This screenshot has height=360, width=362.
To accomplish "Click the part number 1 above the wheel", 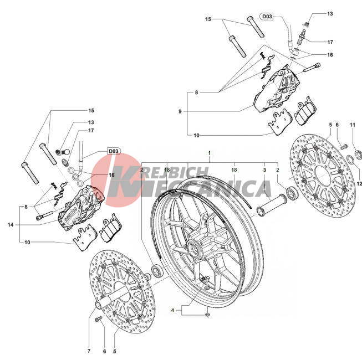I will (209, 152).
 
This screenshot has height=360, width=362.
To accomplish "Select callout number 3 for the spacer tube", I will (264, 170).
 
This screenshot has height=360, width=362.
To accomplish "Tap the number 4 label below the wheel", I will (172, 311).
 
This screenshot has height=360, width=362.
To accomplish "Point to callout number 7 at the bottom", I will (89, 351).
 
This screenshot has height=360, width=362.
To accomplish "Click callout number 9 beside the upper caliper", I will (180, 111).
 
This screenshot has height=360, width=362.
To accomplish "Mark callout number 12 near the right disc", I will (359, 183).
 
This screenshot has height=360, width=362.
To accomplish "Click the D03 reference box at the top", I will (267, 17).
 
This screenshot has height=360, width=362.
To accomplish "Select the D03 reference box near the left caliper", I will (113, 151).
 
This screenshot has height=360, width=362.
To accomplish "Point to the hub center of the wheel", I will (198, 245).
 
